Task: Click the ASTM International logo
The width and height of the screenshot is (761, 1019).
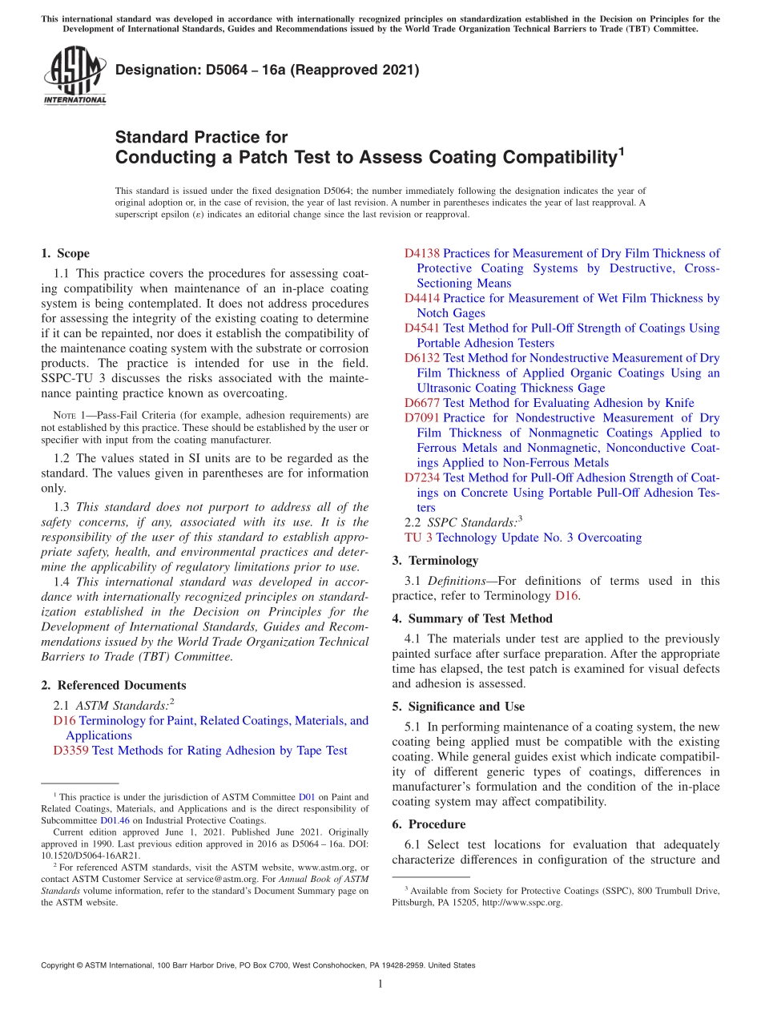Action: coord(74,75)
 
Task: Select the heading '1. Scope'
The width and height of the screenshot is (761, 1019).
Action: coord(65,253)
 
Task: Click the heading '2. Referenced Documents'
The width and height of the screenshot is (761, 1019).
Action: coord(113,685)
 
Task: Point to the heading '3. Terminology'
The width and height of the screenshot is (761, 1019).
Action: coord(435,560)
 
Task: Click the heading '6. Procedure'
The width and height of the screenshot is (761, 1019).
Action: coord(429,824)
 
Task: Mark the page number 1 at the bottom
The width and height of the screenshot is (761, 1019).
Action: coord(380,984)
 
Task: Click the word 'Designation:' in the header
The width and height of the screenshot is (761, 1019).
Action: coord(155,70)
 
